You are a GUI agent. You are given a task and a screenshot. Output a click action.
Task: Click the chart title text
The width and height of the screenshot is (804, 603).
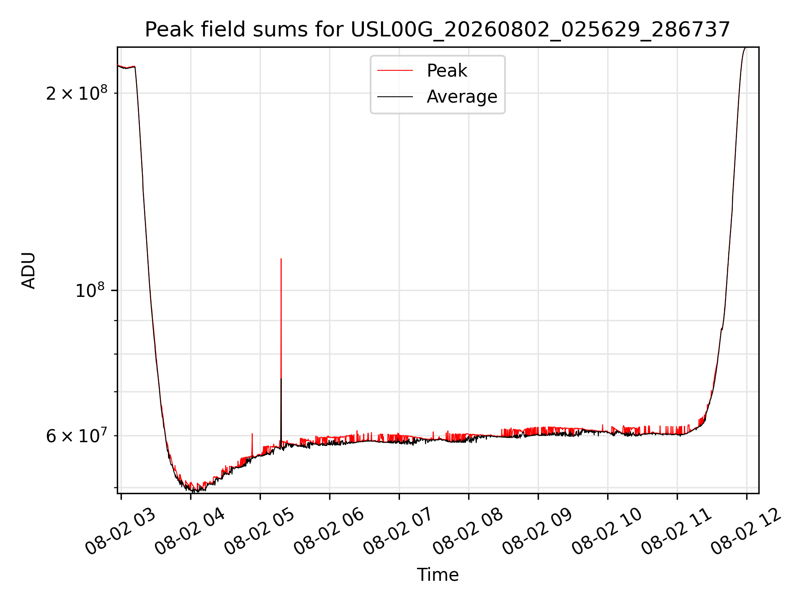click(438, 30)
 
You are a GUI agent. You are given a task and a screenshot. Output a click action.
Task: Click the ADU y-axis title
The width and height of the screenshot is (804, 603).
click(28, 271)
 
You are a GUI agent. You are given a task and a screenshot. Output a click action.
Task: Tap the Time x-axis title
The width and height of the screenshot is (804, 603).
click(438, 575)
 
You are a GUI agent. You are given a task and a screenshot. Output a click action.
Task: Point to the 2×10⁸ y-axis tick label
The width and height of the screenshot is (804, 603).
click(76, 92)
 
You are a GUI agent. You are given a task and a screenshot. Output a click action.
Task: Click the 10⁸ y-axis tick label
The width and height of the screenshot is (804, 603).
click(90, 289)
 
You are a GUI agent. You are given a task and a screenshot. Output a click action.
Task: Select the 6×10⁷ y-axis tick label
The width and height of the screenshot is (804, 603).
click(76, 435)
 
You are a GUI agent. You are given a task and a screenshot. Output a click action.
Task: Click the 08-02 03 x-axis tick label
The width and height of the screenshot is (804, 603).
click(120, 532)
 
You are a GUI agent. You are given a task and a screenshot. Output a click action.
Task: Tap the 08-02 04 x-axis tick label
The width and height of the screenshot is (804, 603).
click(190, 532)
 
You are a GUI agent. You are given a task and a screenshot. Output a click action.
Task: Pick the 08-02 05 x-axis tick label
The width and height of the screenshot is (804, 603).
click(259, 532)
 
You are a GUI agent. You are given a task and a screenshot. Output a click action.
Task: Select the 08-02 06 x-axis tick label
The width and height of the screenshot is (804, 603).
click(329, 532)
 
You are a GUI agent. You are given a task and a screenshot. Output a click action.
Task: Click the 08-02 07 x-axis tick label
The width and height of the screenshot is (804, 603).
click(398, 532)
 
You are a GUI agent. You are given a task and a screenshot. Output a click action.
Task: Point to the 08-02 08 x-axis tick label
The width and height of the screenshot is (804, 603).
click(468, 532)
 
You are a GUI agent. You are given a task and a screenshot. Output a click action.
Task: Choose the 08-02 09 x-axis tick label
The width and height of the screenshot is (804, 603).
click(537, 532)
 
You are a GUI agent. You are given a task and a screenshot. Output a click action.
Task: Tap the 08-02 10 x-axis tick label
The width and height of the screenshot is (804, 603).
click(607, 532)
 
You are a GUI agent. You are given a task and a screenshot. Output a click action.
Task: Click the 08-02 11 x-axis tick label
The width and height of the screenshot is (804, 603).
click(676, 532)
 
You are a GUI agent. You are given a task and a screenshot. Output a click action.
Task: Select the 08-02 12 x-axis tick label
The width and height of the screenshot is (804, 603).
click(746, 532)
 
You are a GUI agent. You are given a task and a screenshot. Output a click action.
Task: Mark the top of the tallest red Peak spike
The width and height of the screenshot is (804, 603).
click(281, 259)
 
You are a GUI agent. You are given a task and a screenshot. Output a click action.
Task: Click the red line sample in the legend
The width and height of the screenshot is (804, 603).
click(395, 71)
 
